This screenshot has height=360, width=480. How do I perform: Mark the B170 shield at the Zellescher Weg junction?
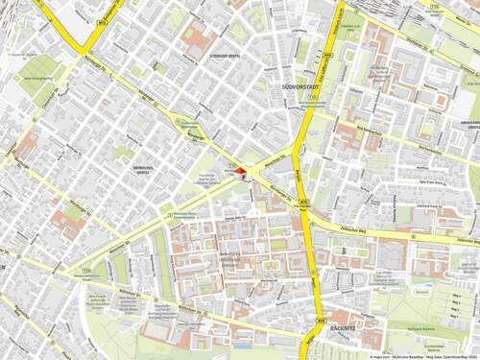point(304,202)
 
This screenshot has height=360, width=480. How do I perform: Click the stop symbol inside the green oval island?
point(180,121)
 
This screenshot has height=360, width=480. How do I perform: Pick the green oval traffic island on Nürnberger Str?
point(181,122)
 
